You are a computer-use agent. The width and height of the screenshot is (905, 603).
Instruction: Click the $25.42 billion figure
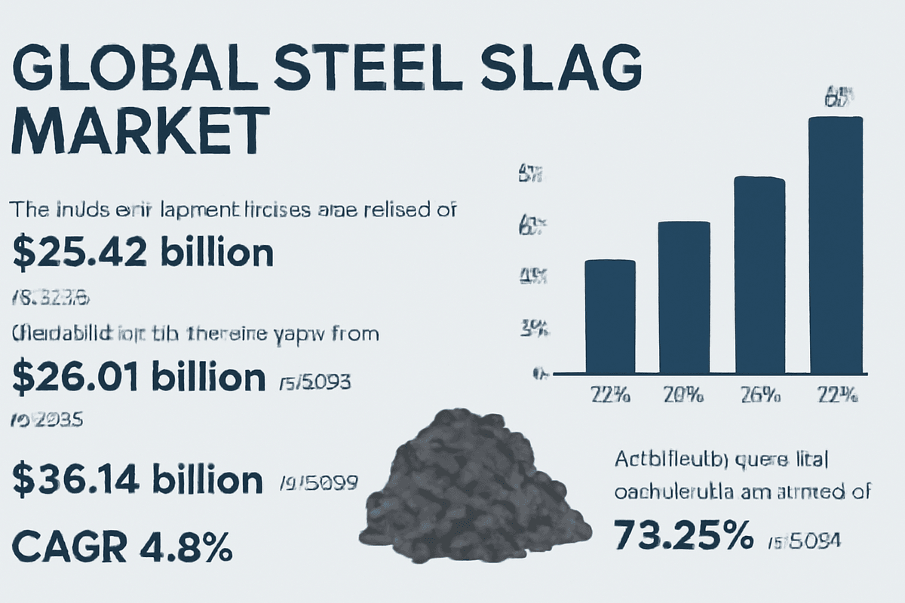point(143,254)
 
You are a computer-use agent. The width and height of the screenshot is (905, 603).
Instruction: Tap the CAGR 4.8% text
point(122,547)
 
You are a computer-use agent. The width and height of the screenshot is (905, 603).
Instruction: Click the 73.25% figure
point(683,536)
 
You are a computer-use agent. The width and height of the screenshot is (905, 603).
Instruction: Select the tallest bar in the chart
point(835,245)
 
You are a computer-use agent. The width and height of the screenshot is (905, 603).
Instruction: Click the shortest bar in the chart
point(610,317)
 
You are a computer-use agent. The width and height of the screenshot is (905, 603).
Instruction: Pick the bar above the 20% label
point(684,298)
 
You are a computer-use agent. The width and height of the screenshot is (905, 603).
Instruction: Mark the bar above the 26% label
point(759,275)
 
